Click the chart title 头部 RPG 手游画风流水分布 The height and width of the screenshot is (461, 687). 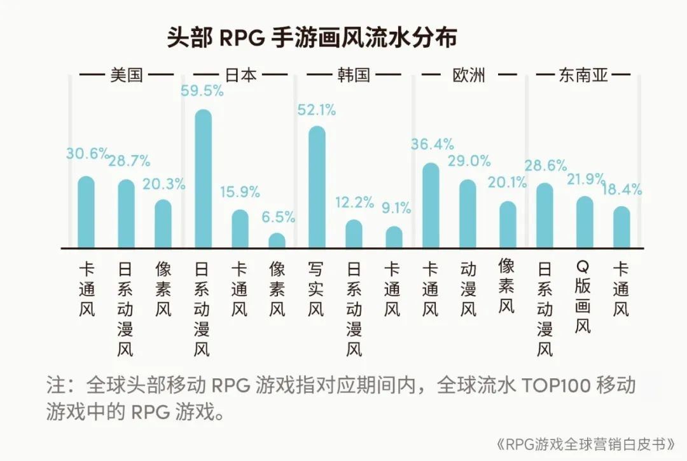[312, 38]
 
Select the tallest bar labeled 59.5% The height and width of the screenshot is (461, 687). [203, 179]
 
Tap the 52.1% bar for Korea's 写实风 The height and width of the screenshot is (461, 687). [317, 187]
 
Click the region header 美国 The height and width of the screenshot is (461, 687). [127, 75]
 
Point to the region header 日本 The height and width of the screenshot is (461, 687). [240, 75]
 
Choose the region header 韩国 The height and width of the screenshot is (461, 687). [354, 75]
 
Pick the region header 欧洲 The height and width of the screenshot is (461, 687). [468, 75]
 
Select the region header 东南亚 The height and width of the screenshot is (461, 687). [583, 76]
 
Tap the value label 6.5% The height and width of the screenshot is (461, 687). [278, 217]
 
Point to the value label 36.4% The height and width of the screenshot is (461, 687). [431, 144]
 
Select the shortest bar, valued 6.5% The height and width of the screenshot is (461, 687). [277, 240]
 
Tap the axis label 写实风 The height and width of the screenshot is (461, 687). [316, 289]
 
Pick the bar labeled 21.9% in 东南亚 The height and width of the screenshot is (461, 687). [585, 222]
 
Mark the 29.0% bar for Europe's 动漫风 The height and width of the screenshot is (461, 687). [468, 214]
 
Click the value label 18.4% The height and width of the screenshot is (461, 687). [623, 189]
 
